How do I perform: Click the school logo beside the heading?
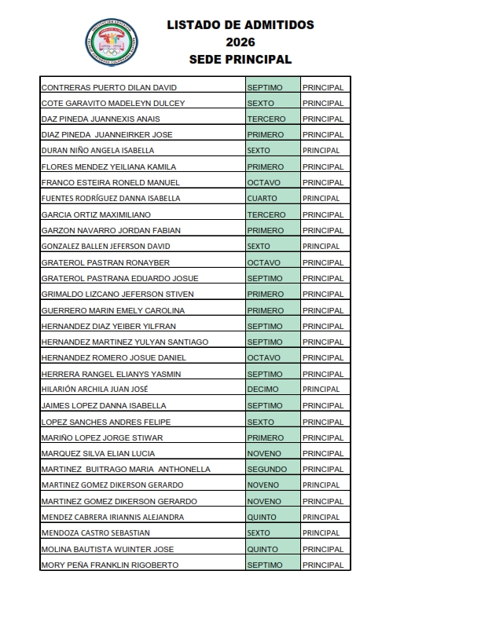pyautogui.click(x=112, y=42)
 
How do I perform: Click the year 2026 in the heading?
pyautogui.click(x=240, y=42)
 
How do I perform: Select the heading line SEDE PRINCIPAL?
pyautogui.click(x=240, y=59)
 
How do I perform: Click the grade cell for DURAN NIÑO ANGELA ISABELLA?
pyautogui.click(x=273, y=151)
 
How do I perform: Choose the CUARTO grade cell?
pyautogui.click(x=273, y=199)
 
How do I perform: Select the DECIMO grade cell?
pyautogui.click(x=273, y=390)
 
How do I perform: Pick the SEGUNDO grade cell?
pyautogui.click(x=273, y=470)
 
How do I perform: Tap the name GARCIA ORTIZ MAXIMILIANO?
pyautogui.click(x=96, y=214)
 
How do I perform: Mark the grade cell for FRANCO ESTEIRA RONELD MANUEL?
pyautogui.click(x=273, y=182)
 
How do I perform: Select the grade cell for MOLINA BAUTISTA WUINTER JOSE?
pyautogui.click(x=273, y=549)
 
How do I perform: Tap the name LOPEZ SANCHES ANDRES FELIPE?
pyautogui.click(x=106, y=422)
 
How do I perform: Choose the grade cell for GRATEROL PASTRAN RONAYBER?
pyautogui.click(x=273, y=262)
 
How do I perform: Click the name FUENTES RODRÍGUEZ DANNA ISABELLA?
pyautogui.click(x=110, y=199)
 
